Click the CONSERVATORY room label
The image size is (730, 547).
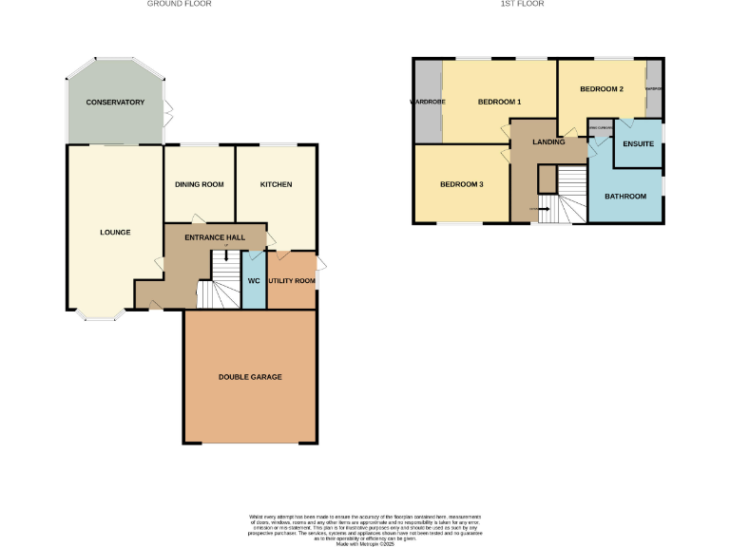coord(115,102)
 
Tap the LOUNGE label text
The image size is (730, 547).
coord(115,232)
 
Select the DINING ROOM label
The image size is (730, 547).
coord(200,184)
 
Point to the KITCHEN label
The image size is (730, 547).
coord(277,184)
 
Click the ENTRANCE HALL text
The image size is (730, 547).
coord(215,236)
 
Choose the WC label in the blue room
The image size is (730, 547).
coord(254,281)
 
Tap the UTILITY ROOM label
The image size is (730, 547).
coord(292,281)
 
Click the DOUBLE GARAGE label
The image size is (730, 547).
coord(250,377)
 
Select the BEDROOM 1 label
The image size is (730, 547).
coord(499,102)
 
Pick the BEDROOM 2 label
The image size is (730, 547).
coord(601,89)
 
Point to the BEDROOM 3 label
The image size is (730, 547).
coord(462,184)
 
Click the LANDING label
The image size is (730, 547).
coord(548,142)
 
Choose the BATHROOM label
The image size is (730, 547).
coord(625,196)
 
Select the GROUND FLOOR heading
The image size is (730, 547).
coord(179,4)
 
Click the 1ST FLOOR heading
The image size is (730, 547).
coord(522,4)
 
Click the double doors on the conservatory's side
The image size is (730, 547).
coord(167,113)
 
